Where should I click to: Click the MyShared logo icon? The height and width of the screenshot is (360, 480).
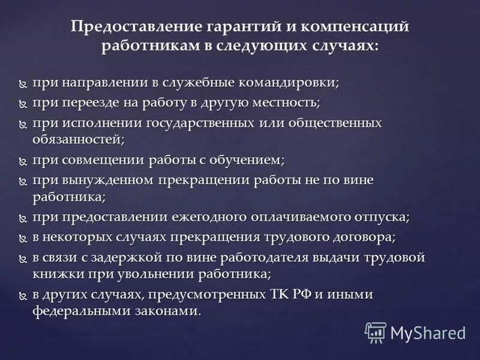pos(376,331)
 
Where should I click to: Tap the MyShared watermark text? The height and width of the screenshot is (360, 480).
pos(428,332)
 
